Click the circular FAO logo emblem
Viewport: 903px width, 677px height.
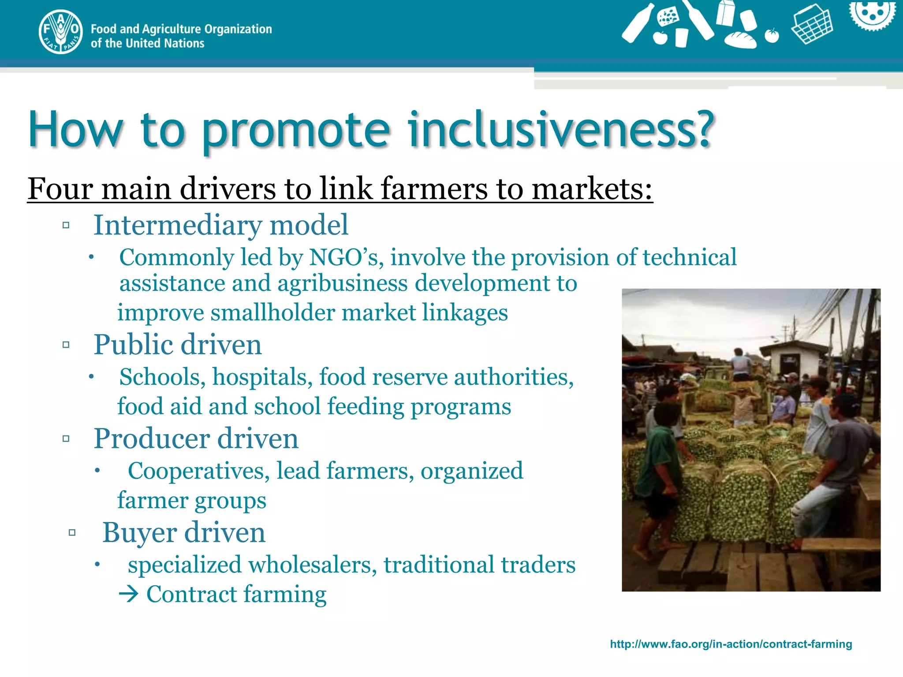tap(60, 32)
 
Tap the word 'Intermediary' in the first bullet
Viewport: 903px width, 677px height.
tap(178, 226)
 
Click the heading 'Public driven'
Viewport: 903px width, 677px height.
tap(178, 345)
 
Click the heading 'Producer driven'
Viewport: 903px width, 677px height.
tap(196, 439)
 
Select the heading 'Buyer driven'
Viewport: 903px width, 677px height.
tap(184, 533)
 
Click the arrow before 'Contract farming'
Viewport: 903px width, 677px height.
tap(129, 595)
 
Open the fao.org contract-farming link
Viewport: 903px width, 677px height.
tap(731, 644)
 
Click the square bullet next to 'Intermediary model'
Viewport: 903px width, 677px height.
tap(66, 226)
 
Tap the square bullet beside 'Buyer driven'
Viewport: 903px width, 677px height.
tap(72, 533)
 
